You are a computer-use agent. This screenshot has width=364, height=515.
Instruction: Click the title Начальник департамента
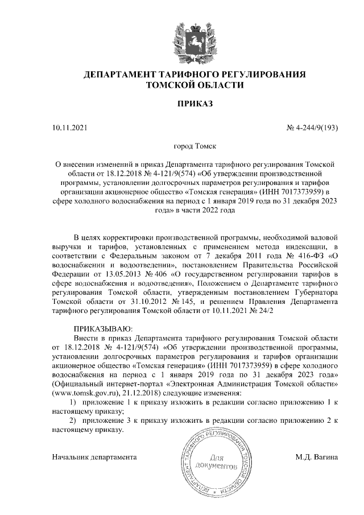(94, 457)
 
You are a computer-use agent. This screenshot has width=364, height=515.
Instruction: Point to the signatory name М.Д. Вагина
(317, 457)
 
